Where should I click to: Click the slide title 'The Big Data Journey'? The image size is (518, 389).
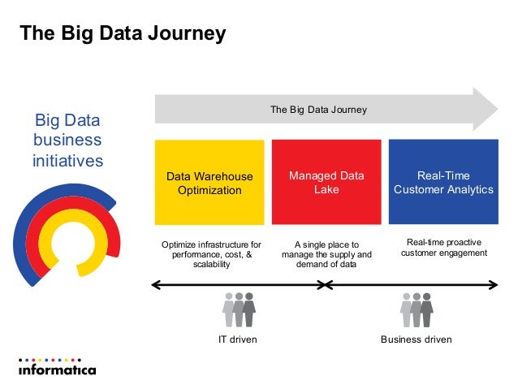(123, 34)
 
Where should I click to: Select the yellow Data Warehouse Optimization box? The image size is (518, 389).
(209, 183)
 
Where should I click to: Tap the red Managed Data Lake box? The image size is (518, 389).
(326, 183)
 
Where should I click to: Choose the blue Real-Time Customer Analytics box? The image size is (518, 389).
(443, 183)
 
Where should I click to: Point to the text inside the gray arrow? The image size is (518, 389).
(318, 110)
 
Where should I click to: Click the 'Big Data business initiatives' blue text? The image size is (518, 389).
(67, 140)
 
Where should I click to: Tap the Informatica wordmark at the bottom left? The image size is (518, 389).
(57, 370)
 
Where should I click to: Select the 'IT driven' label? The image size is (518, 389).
(238, 339)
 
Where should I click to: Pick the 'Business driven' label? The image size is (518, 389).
(416, 339)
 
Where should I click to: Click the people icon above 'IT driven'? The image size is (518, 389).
(239, 309)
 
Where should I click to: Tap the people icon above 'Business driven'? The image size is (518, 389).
(416, 309)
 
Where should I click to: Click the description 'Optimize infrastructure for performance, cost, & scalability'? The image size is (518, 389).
(211, 254)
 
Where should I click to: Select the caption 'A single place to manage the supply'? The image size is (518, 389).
(326, 254)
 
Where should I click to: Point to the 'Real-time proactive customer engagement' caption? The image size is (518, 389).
(443, 248)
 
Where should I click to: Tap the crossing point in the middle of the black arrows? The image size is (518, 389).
(325, 285)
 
